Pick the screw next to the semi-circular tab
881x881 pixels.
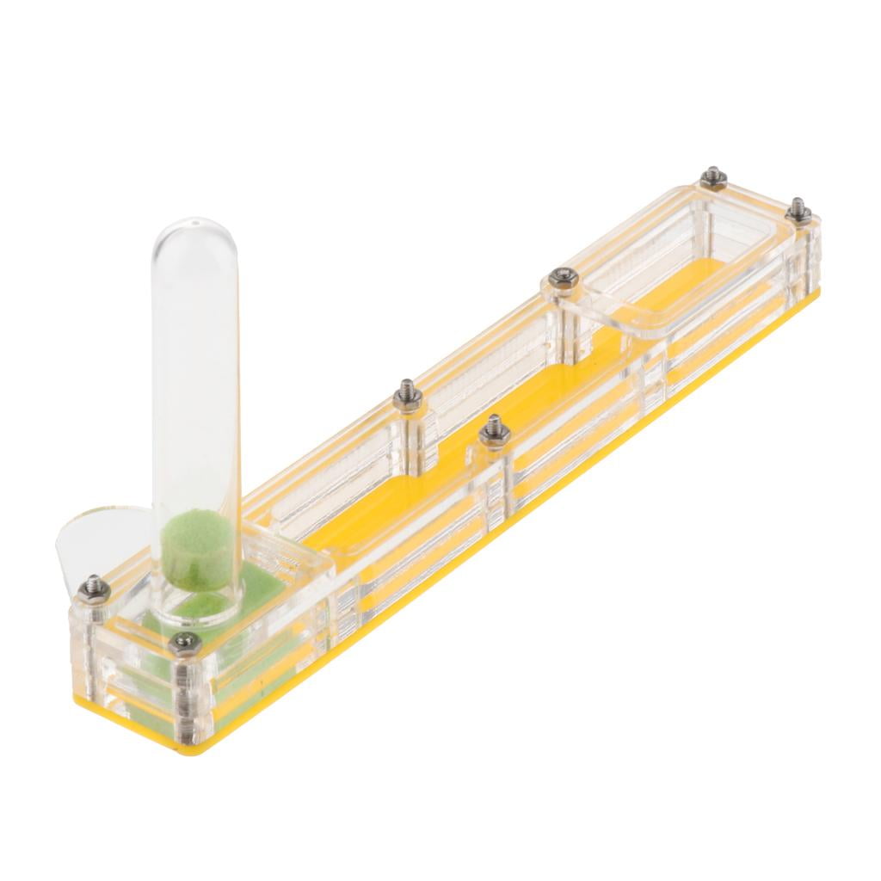coord(94,589)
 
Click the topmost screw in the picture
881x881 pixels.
coord(713,177)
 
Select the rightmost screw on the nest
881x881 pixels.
coord(799,208)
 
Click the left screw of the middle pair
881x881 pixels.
coord(407,397)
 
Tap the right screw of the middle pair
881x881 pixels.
coord(494,429)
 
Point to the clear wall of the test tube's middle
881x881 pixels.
coord(195,387)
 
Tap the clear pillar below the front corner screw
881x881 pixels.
coord(186,697)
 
